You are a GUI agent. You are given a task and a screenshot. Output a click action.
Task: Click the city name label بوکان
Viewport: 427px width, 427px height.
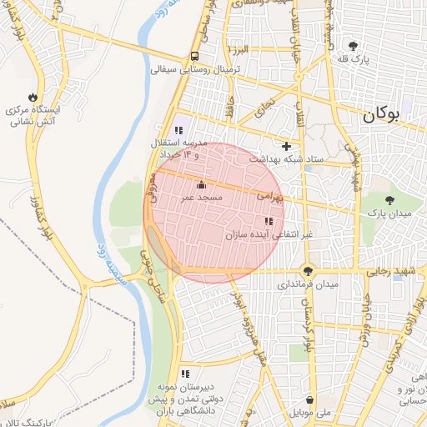coord(393,116)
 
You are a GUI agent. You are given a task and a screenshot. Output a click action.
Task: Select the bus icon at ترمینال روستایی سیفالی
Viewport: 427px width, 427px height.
coord(194,57)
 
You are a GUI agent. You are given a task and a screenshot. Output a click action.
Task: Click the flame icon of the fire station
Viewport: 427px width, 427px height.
coord(33,97)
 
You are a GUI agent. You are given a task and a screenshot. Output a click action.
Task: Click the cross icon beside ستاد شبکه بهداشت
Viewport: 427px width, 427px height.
coord(288,145)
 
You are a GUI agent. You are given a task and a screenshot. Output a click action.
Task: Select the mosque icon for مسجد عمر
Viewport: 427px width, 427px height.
coord(200,184)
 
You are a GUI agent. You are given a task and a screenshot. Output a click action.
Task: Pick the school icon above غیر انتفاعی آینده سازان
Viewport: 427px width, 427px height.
coord(268,221)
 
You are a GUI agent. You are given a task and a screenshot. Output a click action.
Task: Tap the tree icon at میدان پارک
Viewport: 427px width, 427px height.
coord(390,200)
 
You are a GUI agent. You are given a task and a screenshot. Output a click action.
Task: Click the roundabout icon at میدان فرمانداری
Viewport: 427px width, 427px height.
coord(309,270)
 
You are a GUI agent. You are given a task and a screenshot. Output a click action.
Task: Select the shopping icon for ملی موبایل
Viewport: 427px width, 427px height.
coord(310,399)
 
